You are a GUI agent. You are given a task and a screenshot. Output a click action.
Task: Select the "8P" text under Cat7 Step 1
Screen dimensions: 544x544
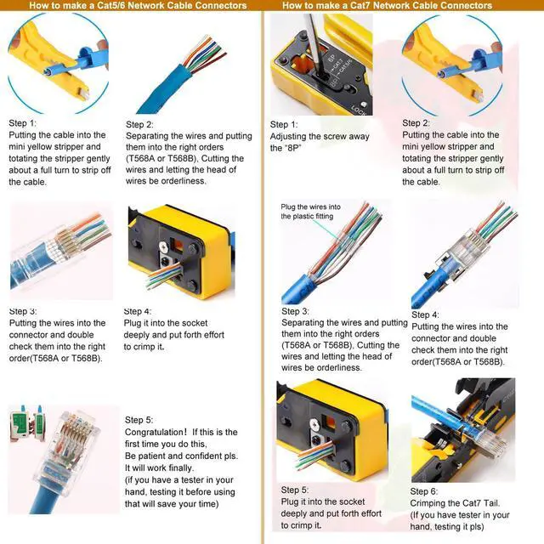click(284, 148)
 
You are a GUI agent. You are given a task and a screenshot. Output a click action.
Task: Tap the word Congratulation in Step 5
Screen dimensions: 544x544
click(156, 433)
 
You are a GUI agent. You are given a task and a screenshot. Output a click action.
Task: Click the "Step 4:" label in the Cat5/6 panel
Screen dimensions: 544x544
click(138, 312)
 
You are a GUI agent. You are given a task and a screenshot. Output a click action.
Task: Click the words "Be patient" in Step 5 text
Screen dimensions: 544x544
click(150, 456)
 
